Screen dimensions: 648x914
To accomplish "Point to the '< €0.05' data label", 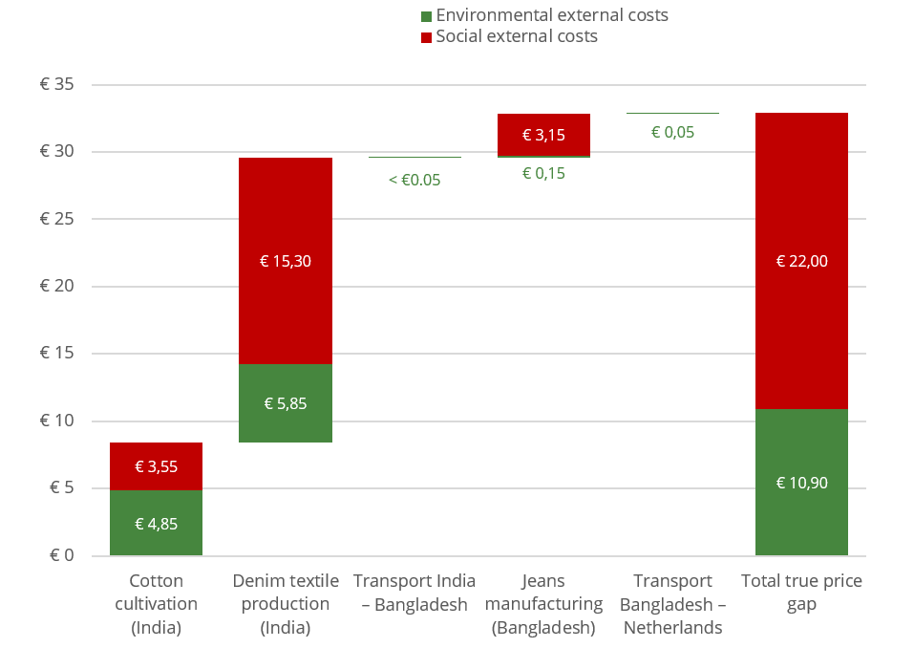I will (414, 179).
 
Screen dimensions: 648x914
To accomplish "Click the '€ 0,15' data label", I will (543, 173).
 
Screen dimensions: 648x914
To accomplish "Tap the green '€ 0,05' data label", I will (672, 132).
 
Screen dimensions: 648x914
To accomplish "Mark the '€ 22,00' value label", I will (801, 261).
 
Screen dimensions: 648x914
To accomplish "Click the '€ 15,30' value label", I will (286, 261).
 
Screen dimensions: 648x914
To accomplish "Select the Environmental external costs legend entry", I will (544, 15).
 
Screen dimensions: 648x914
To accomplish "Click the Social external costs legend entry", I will (509, 36).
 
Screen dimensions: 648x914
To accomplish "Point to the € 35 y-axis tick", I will (56, 85).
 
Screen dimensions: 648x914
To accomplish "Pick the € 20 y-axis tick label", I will (56, 287).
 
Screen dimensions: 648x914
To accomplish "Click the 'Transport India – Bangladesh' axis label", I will (414, 593).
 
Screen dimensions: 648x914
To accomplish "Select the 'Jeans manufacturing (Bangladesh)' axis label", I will (543, 604).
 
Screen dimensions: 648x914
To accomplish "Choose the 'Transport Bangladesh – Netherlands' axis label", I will (672, 604).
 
